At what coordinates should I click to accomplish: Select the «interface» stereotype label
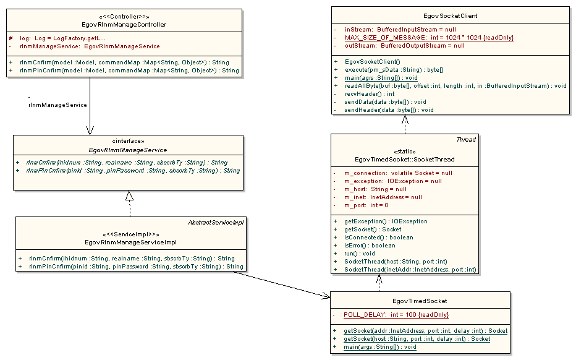[x=129, y=141]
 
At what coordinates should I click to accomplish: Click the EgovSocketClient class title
[x=450, y=15]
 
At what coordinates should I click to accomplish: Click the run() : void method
[x=359, y=253]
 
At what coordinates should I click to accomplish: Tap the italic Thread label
[x=466, y=140]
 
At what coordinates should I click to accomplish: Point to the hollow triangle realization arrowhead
[x=129, y=196]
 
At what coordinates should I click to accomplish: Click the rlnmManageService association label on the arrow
[x=57, y=105]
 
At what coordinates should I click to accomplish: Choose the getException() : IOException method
[x=386, y=221]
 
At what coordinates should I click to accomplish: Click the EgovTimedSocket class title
[x=420, y=301]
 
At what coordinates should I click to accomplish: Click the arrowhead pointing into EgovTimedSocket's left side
[x=326, y=297]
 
